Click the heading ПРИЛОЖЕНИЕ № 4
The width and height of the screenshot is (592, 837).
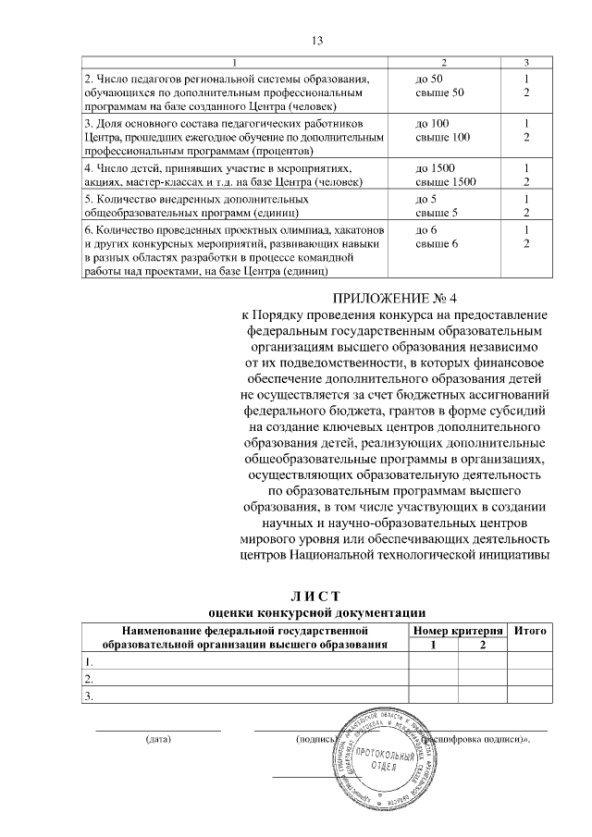[395, 298]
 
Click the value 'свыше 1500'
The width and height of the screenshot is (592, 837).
[446, 182]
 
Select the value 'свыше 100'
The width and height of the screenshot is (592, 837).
[440, 137]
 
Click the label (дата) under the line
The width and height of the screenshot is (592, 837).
[158, 740]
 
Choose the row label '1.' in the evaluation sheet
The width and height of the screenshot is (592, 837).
[88, 662]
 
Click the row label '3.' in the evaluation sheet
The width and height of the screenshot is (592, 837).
[88, 695]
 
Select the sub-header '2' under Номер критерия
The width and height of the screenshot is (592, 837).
[482, 645]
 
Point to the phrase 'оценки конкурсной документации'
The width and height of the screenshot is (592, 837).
[316, 611]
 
